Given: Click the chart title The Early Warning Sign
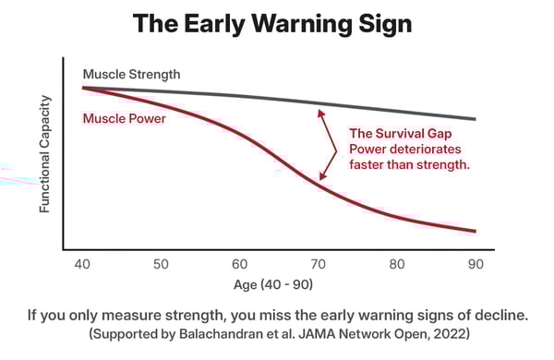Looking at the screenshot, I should click(277, 24).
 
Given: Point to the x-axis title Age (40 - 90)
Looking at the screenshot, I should click(278, 285).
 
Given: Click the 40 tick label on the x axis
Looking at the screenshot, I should click(83, 264).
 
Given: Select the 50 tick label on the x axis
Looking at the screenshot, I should click(161, 264).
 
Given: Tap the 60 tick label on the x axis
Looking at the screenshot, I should click(239, 264).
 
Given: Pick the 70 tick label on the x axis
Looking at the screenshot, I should click(318, 264).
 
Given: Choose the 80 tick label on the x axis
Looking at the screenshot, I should click(397, 264).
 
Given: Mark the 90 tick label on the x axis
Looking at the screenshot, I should click(476, 264).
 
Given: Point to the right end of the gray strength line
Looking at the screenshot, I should click(475, 119).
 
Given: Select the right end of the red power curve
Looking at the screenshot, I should click(475, 231).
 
